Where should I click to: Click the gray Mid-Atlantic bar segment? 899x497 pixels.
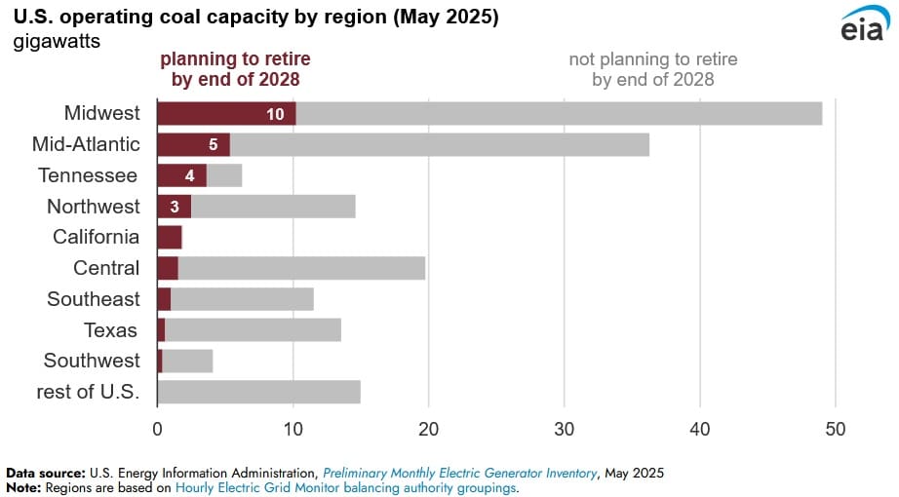(439, 144)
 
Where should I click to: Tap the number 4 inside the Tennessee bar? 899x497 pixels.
(190, 175)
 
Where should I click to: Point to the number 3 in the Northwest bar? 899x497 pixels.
(174, 207)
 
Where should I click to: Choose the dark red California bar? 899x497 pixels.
(169, 237)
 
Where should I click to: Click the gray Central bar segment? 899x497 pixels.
(301, 268)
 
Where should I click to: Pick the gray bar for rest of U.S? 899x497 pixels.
(258, 392)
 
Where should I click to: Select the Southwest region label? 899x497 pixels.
(92, 361)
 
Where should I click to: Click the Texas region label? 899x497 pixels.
(111, 329)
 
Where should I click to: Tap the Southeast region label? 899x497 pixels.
(94, 299)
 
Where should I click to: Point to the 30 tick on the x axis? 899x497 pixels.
(564, 429)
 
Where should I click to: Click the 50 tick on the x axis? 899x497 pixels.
(836, 429)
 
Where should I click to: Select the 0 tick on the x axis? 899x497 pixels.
(157, 429)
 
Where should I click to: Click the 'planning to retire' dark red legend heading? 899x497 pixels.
(235, 69)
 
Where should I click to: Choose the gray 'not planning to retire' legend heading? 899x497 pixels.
(652, 69)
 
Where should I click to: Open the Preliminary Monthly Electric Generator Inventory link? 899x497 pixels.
(459, 473)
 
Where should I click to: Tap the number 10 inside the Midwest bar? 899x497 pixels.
(275, 114)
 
